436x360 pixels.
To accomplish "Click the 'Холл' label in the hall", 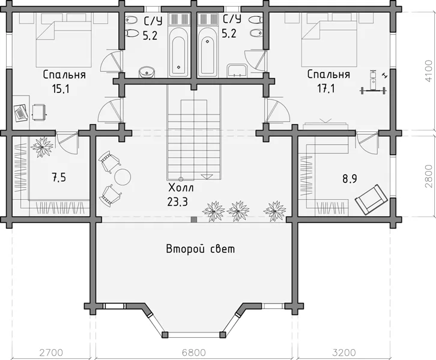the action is (x=181, y=188).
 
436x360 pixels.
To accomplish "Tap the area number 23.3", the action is (x=178, y=202).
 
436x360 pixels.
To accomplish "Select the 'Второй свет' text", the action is (x=201, y=249).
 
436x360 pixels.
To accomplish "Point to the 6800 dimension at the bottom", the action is (x=194, y=353).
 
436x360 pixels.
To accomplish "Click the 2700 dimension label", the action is (x=51, y=353).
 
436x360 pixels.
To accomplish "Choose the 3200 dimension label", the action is (x=344, y=353).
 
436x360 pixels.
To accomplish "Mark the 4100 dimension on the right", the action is (x=429, y=71).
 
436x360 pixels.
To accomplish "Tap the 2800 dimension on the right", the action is (x=429, y=176).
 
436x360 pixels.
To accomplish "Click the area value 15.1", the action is (x=61, y=89).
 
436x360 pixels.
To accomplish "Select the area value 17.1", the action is (x=326, y=89).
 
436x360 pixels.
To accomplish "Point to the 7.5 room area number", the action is (x=59, y=177).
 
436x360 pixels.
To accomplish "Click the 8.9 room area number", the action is (x=350, y=179).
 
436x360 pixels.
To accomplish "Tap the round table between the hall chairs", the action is (x=123, y=177).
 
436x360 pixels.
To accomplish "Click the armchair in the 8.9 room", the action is (x=371, y=199).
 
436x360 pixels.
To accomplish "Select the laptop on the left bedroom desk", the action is (x=21, y=113).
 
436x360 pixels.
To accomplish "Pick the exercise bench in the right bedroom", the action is (x=373, y=83).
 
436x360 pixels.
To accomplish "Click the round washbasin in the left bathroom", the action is (x=147, y=72).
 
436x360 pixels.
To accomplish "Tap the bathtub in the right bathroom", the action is (x=207, y=56).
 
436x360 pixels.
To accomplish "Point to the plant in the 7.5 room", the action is (x=42, y=146).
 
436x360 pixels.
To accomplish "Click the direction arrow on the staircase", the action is (x=206, y=176).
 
